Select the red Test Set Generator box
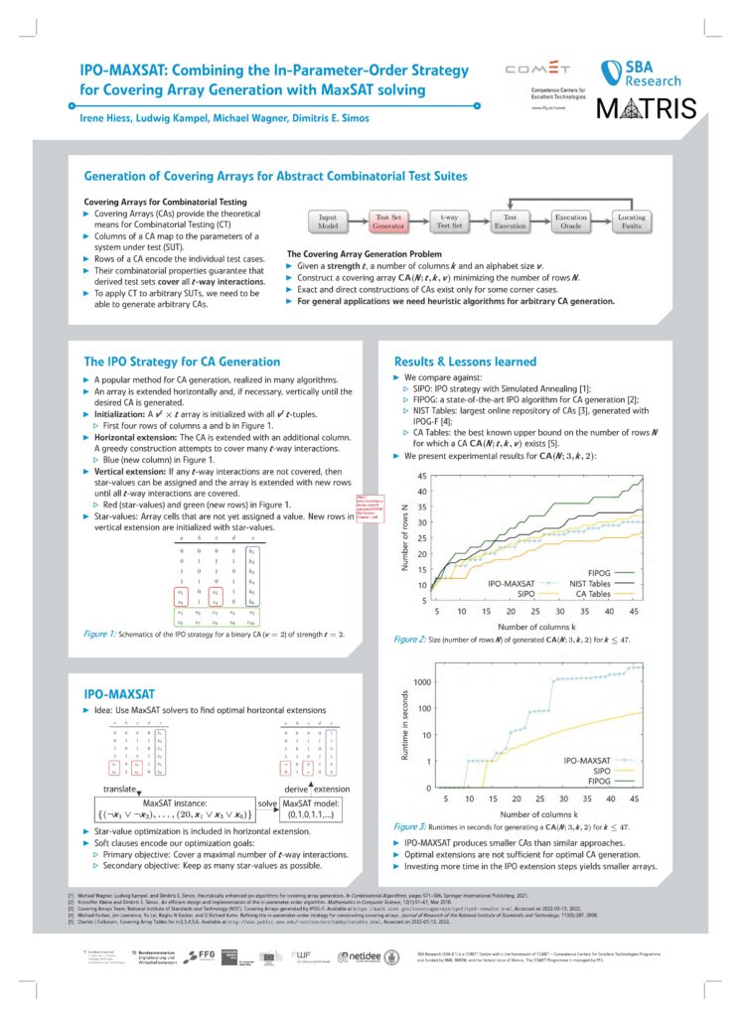click(x=387, y=220)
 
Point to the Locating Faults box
click(x=632, y=220)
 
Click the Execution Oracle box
click(x=571, y=220)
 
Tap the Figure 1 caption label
click(x=102, y=632)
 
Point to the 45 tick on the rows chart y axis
click(x=420, y=476)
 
